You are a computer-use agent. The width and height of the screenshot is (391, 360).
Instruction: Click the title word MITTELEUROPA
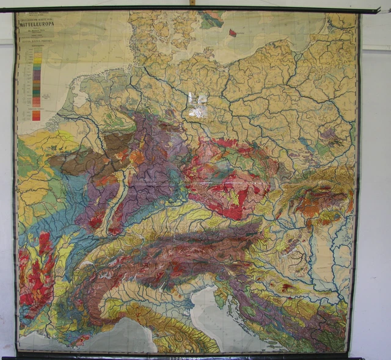coord(39,27)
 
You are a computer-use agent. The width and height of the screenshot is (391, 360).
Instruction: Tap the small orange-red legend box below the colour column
coord(35,115)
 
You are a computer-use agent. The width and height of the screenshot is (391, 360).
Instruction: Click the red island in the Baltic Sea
coord(232,33)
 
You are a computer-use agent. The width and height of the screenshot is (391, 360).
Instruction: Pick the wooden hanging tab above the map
coord(192,3)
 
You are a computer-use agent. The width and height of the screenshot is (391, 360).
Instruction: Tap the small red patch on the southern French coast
coord(79,339)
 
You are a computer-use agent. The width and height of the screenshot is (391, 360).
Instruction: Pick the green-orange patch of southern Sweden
coord(211,18)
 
